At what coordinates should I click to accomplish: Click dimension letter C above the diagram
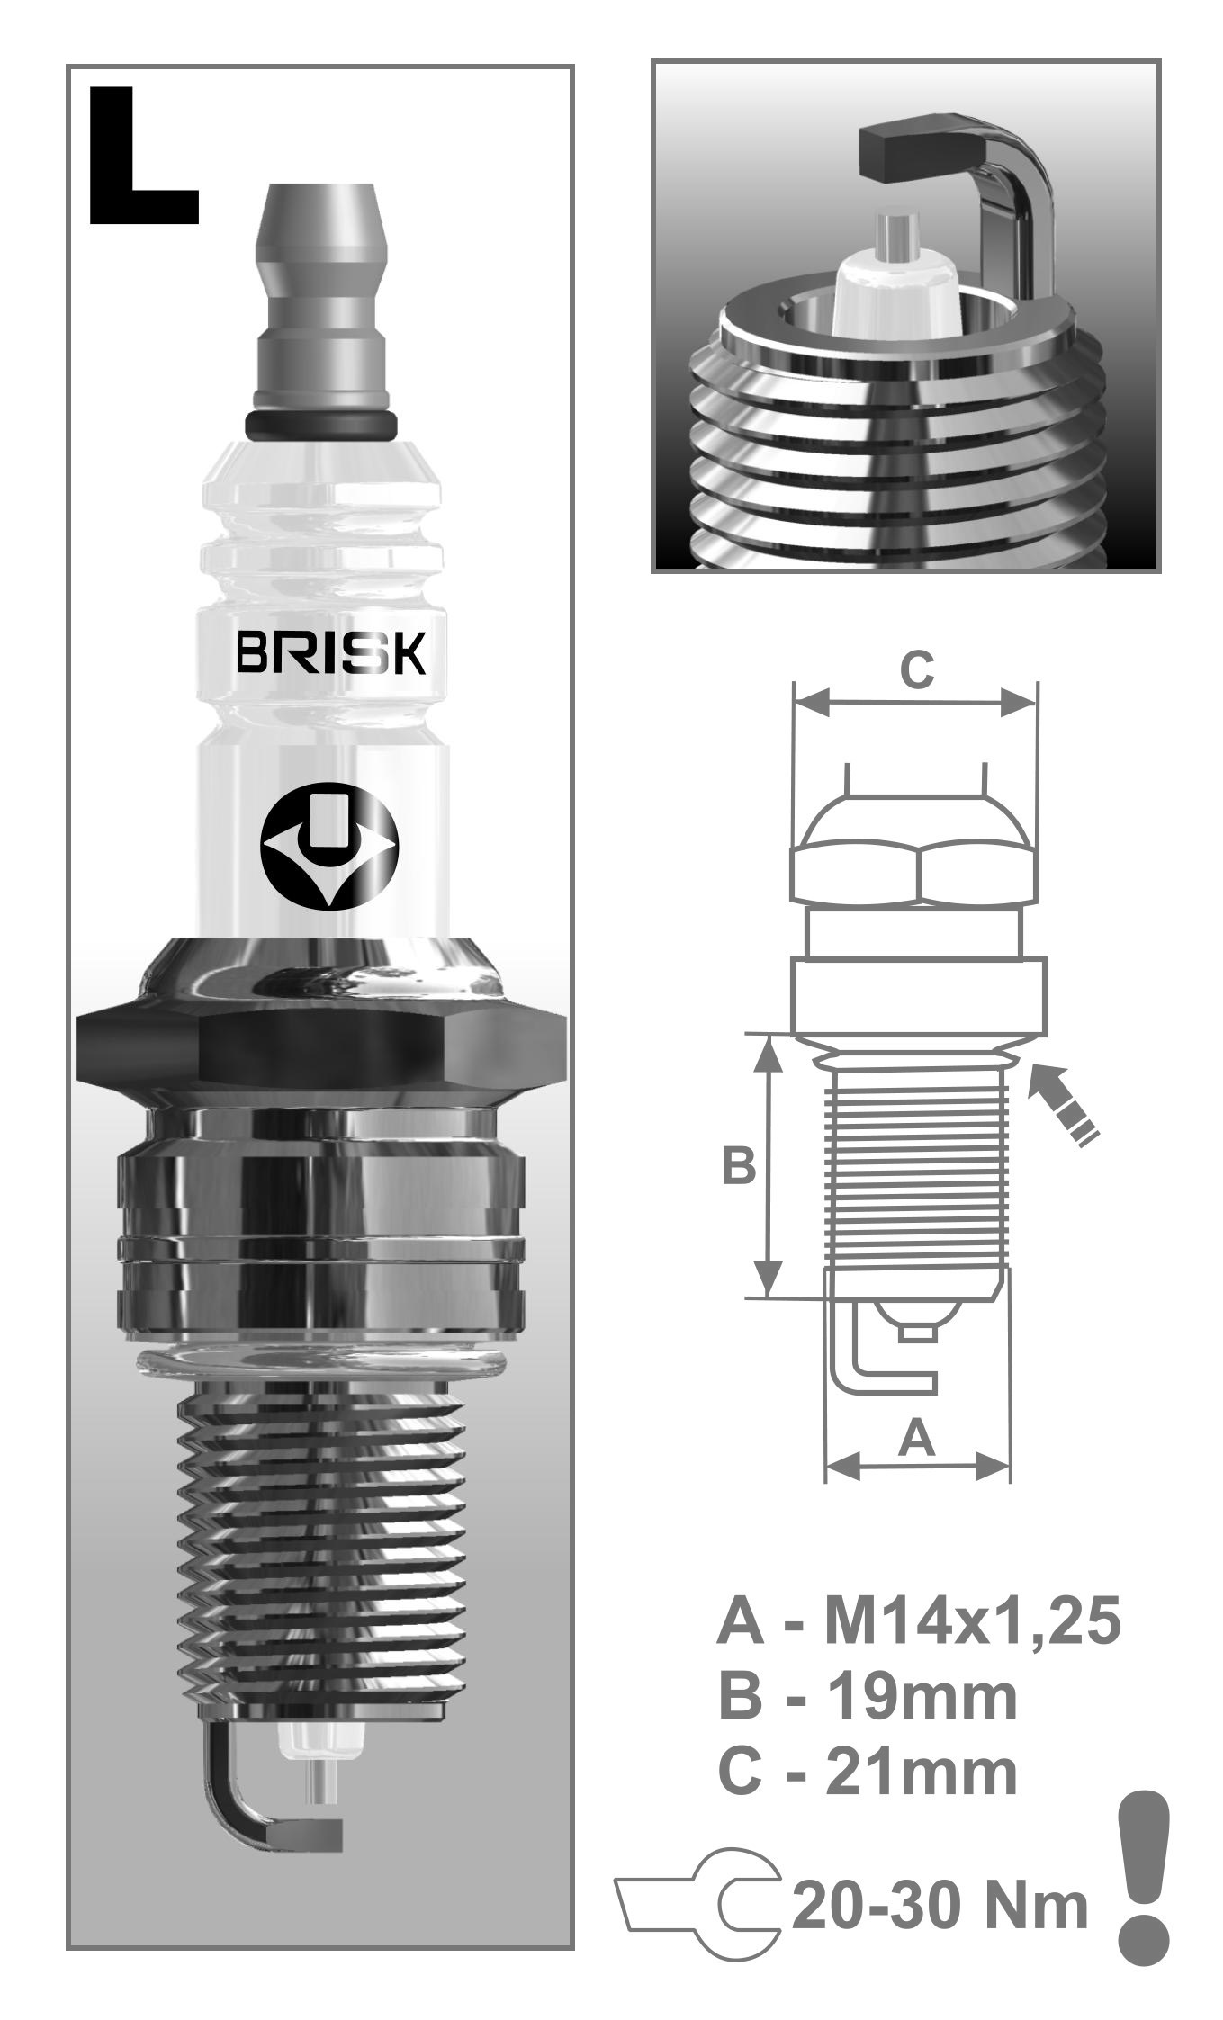click(x=917, y=669)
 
